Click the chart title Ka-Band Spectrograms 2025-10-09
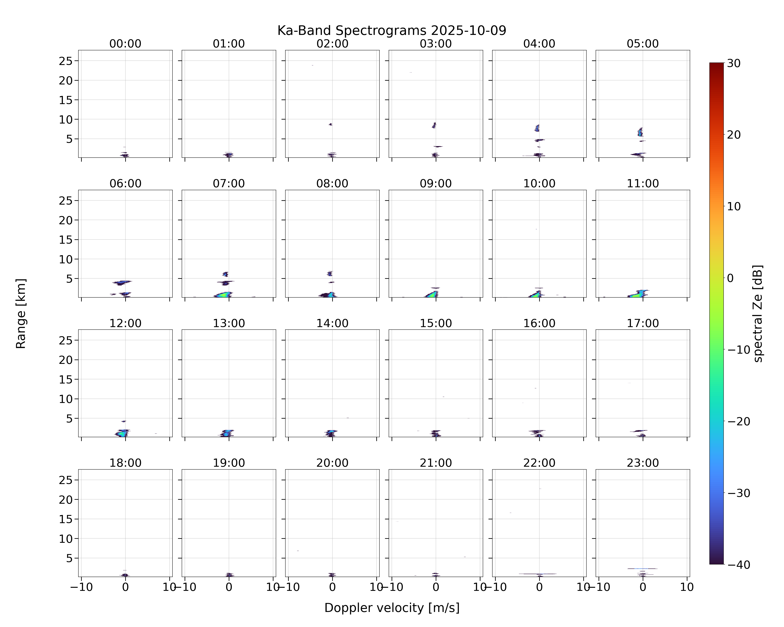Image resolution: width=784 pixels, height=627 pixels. click(392, 31)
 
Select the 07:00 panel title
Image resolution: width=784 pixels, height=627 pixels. click(229, 184)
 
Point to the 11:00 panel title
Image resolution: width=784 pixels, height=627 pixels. click(642, 184)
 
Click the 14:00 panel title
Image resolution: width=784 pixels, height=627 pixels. click(332, 323)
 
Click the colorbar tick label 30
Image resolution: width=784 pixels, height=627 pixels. click(733, 63)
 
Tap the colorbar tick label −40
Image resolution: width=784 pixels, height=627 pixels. click(738, 565)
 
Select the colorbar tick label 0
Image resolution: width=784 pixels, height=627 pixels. click(730, 278)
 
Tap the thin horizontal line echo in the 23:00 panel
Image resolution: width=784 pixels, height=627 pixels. click(642, 568)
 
